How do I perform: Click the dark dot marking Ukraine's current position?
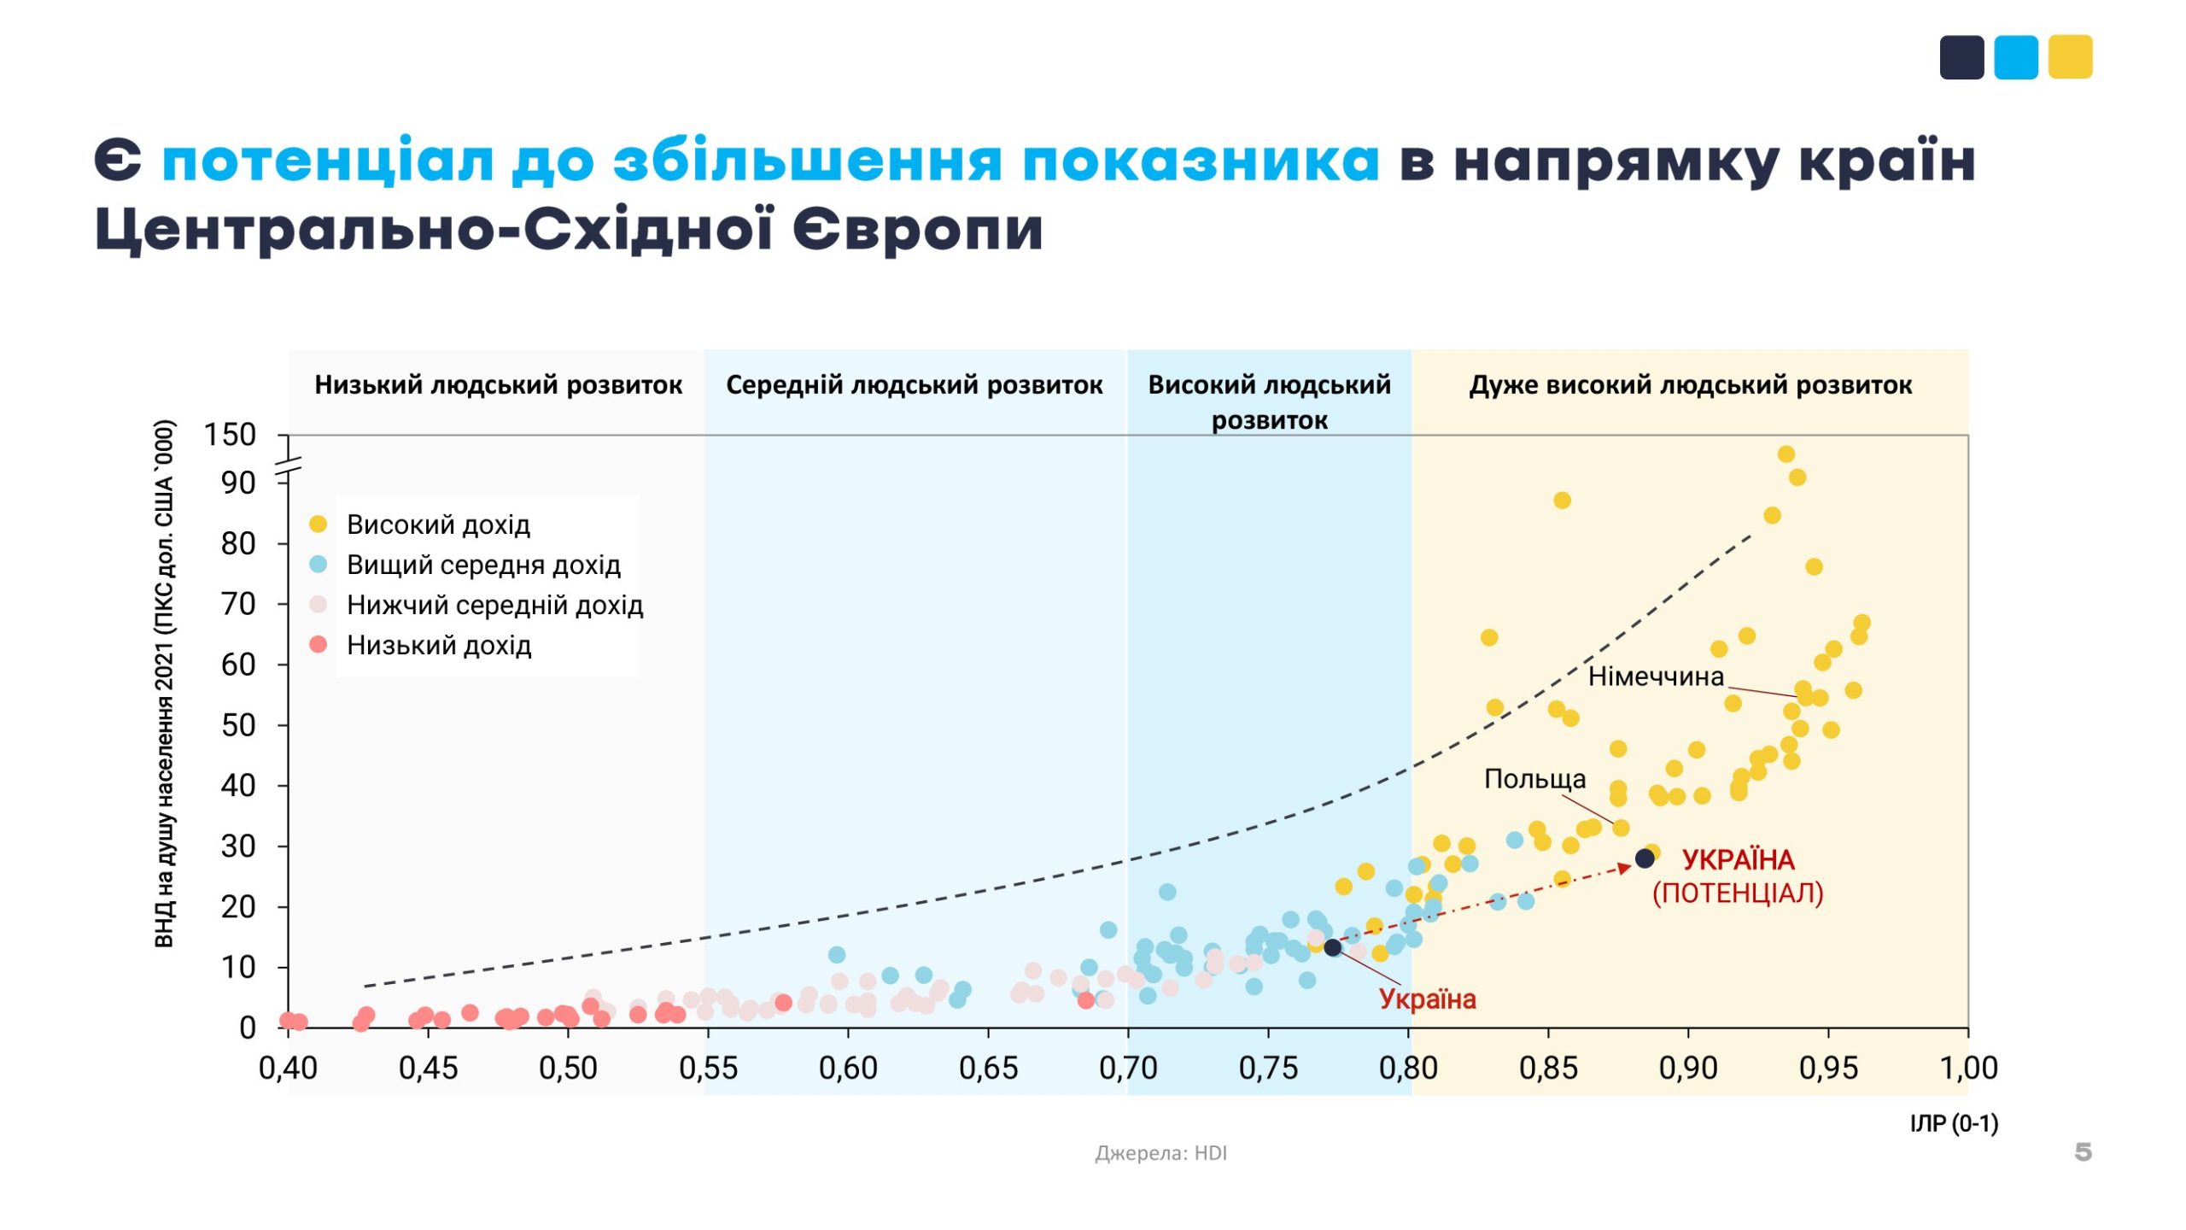click(1332, 947)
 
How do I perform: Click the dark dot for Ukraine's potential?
click(1645, 858)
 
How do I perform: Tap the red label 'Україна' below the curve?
click(1427, 999)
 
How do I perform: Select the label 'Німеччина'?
click(1655, 676)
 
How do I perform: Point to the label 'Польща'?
click(1534, 779)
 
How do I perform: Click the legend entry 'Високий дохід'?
click(438, 524)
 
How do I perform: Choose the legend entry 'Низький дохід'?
click(439, 645)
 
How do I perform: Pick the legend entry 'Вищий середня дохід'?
click(483, 565)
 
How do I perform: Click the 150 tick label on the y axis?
click(230, 435)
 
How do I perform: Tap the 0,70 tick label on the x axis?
click(1128, 1068)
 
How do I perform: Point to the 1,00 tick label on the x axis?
click(1968, 1068)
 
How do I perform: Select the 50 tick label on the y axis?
click(238, 725)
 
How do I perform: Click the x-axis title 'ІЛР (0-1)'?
click(1954, 1123)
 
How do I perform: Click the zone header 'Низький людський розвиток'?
click(498, 385)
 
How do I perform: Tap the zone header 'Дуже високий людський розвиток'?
click(1690, 385)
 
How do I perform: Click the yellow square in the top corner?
click(2070, 57)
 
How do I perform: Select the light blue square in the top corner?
click(2015, 57)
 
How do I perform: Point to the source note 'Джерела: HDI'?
click(1160, 1153)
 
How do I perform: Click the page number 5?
click(2083, 1152)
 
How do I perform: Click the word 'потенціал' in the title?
click(328, 161)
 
